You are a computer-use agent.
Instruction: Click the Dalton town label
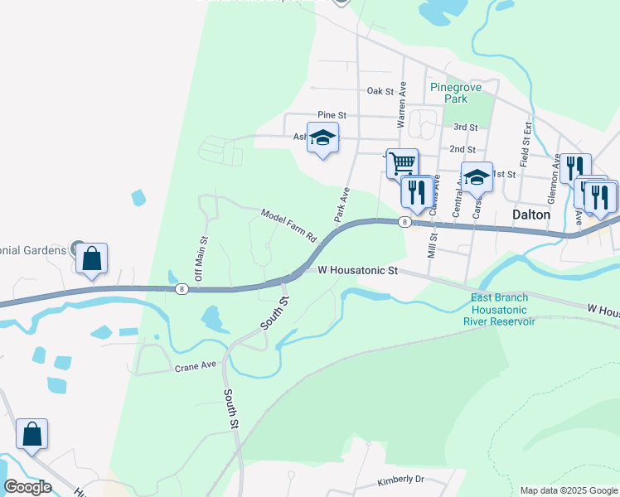531,214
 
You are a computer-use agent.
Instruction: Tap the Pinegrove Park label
450,93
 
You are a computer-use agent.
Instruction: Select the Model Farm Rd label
289,224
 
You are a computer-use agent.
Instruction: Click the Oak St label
369,92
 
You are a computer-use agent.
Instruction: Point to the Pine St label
332,115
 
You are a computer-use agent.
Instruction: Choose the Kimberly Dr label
400,480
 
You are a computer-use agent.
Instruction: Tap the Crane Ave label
195,364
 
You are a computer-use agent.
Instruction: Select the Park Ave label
341,204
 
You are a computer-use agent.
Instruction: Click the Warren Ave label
402,104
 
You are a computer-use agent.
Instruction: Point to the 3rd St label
466,127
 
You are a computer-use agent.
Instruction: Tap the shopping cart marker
402,162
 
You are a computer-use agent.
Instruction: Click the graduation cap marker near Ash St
322,138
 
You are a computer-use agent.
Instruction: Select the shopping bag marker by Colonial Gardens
91,258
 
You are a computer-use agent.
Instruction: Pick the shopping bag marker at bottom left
31,434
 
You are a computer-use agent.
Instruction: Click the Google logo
27,487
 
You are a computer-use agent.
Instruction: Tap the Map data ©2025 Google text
568,490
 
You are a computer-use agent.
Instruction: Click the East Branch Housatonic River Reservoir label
502,309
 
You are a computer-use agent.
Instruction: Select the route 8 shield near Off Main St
181,289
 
